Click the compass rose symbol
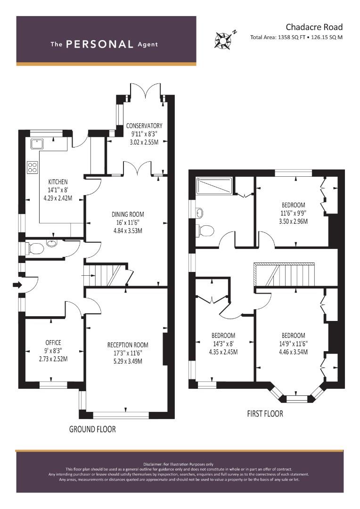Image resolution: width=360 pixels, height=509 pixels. (223, 40)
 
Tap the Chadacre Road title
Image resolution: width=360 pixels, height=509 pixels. (314, 27)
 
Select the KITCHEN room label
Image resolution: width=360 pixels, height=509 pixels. (58, 182)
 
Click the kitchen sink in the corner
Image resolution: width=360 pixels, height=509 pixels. (37, 143)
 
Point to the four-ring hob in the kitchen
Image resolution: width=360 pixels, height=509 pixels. (33, 167)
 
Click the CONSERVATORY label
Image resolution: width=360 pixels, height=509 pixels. (144, 126)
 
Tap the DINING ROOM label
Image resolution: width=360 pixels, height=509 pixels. (128, 214)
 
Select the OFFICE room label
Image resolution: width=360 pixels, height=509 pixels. (53, 343)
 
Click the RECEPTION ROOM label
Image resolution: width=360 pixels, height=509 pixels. (128, 345)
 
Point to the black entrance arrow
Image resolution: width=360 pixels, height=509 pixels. (17, 285)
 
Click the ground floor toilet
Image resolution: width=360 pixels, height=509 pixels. (34, 249)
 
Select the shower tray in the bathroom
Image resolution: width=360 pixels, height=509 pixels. (214, 186)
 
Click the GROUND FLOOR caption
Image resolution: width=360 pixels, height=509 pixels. (92, 429)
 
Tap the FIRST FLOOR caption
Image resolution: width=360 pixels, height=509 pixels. (265, 414)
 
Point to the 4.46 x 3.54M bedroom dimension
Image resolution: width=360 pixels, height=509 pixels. (293, 352)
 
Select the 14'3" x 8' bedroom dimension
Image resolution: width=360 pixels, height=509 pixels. (223, 344)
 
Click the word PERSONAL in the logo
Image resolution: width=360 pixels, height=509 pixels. (99, 44)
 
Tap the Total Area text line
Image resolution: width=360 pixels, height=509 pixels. (296, 37)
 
